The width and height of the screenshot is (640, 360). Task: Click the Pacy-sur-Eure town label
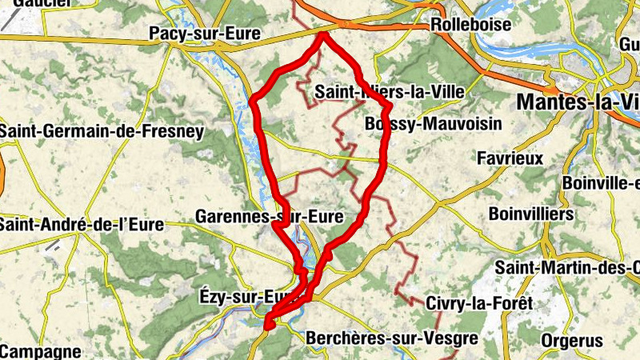[194, 34]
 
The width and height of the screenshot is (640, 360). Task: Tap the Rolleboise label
[470, 25]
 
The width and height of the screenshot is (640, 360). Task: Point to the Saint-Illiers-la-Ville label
[390, 92]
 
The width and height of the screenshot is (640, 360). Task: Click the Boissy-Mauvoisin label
[432, 124]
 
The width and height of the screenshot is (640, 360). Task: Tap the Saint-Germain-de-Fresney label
[102, 130]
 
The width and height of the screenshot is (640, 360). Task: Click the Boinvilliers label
[531, 214]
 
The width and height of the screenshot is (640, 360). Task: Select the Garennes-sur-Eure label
[269, 216]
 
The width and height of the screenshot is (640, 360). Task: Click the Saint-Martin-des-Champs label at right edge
[567, 266]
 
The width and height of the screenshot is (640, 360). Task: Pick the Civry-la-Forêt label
[478, 303]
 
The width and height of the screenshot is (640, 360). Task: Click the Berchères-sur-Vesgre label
[391, 338]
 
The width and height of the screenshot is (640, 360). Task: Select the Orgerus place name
[571, 341]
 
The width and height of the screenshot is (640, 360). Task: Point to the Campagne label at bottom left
[41, 350]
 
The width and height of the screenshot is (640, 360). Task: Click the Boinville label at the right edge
[601, 182]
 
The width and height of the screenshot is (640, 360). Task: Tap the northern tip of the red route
[322, 34]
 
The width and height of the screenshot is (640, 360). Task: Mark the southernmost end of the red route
[268, 325]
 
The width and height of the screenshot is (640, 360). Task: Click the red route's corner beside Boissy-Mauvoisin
[389, 106]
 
